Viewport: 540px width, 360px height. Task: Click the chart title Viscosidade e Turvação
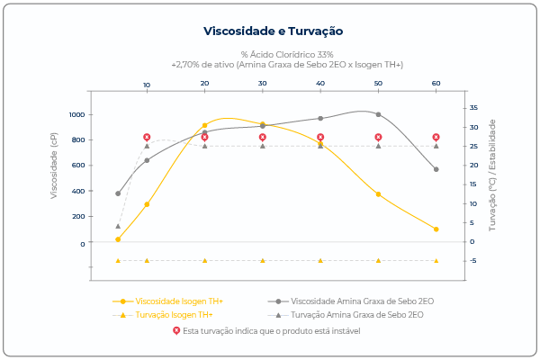[x=273, y=31]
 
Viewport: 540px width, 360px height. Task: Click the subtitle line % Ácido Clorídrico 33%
[x=287, y=55]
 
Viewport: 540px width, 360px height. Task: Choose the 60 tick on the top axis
[x=436, y=84]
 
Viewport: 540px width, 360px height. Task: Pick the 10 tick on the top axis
[x=147, y=84]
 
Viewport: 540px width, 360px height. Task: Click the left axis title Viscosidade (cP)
[x=55, y=165]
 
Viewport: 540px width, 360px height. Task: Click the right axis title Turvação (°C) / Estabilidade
[x=492, y=175]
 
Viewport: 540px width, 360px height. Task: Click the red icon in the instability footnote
[x=176, y=330]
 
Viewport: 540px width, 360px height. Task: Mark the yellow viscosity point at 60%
[x=436, y=229]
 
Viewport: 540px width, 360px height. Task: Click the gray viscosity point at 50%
[x=378, y=114]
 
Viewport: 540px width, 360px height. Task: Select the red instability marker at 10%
[x=147, y=137]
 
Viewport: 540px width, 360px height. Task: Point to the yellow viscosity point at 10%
[x=147, y=204]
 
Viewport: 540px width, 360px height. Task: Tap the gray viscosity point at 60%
[x=436, y=169]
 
